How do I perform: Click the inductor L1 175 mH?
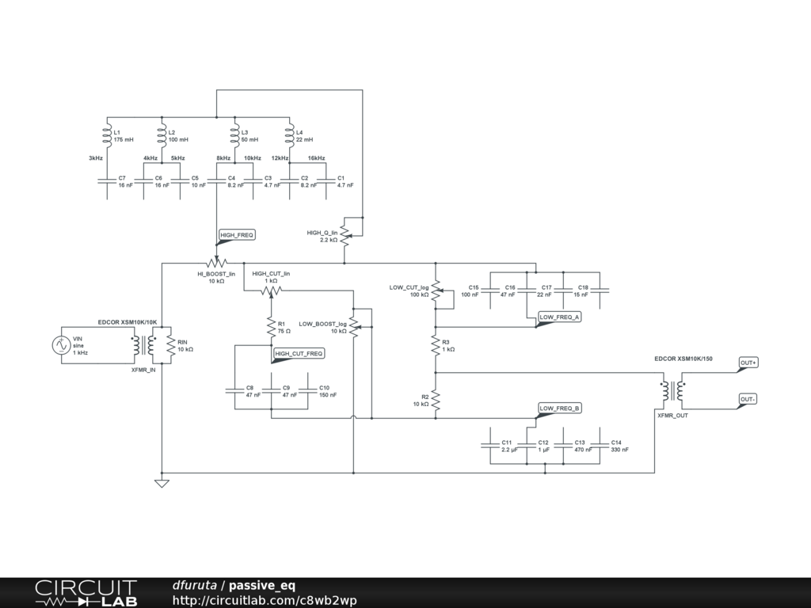click(106, 135)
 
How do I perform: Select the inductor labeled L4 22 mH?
click(289, 135)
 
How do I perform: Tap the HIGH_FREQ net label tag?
click(237, 235)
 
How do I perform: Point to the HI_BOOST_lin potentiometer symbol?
click(216, 262)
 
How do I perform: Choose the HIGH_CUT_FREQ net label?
click(298, 353)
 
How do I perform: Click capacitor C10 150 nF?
click(308, 390)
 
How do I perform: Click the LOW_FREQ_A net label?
click(559, 317)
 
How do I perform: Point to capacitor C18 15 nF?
click(600, 290)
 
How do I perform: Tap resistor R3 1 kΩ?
click(435, 345)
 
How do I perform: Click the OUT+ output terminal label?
click(748, 363)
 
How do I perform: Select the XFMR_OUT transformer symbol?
click(672, 390)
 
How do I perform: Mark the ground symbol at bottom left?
click(162, 482)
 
